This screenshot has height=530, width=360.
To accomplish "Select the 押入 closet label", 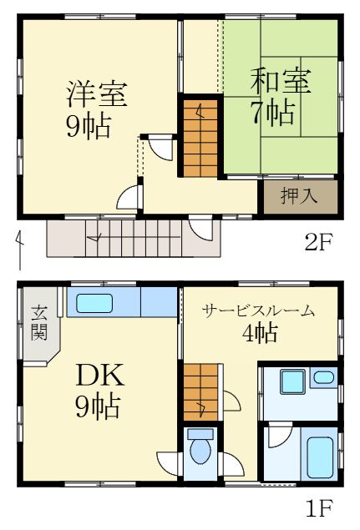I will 298,197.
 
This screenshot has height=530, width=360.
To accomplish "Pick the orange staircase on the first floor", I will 201,394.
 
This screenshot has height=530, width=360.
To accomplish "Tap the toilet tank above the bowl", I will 200,434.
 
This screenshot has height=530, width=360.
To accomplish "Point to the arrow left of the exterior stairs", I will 19,248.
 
